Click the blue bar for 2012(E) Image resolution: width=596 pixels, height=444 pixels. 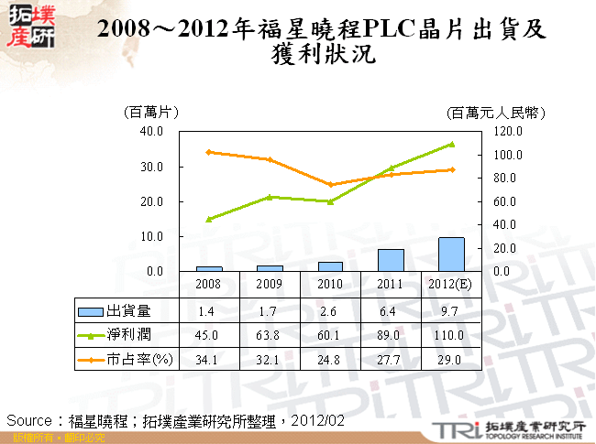click(451, 254)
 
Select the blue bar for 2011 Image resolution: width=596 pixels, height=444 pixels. click(391, 260)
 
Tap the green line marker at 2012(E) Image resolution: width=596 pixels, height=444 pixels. click(451, 144)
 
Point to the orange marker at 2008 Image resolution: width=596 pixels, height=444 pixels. click(209, 152)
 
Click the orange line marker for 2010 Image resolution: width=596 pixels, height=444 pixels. click(330, 185)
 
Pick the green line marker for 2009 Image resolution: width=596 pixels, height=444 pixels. click(270, 197)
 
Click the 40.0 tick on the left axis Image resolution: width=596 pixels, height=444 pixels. click(150, 132)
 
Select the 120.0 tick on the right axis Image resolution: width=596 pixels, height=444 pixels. click(508, 132)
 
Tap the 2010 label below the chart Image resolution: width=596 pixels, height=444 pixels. click(330, 284)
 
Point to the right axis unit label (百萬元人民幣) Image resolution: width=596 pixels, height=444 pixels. click(497, 113)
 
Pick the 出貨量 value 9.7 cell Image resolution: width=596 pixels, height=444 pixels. click(451, 310)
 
